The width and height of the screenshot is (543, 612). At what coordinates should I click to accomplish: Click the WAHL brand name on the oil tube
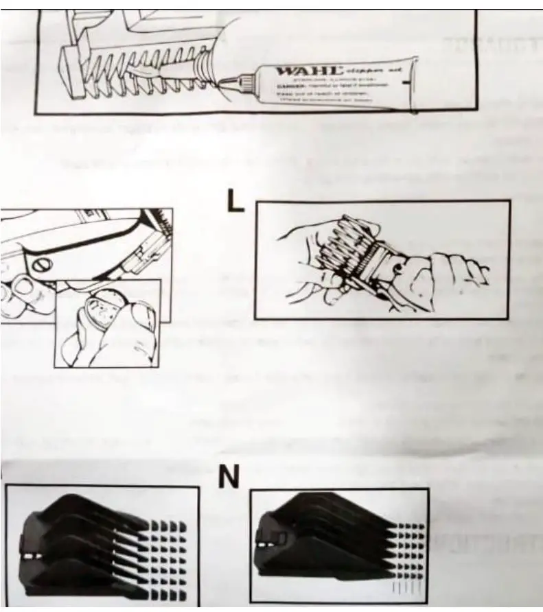tap(308, 71)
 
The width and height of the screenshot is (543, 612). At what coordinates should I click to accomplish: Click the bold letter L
tap(235, 201)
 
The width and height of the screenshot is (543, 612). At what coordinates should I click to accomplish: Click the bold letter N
tap(229, 476)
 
